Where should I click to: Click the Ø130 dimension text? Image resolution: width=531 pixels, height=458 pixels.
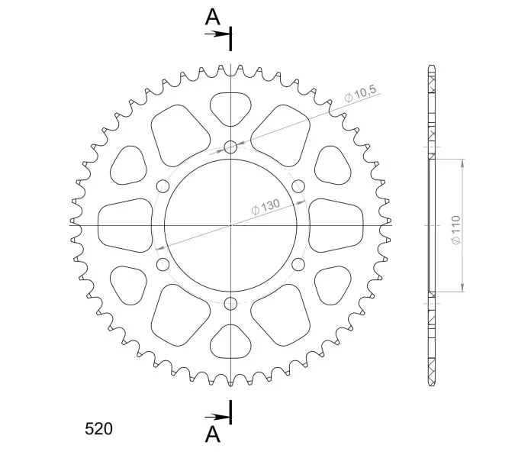(x=265, y=206)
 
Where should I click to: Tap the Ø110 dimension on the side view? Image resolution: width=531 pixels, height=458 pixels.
(x=455, y=229)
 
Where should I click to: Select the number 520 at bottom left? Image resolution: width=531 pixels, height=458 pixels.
(x=98, y=429)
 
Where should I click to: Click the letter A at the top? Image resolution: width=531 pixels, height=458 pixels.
(x=213, y=18)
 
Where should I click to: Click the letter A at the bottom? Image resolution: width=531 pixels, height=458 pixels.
(x=213, y=434)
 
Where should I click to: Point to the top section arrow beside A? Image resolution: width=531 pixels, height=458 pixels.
(x=217, y=34)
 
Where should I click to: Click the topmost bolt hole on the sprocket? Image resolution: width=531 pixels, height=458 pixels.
(x=230, y=147)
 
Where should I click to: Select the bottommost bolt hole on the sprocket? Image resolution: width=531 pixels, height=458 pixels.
(x=230, y=303)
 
